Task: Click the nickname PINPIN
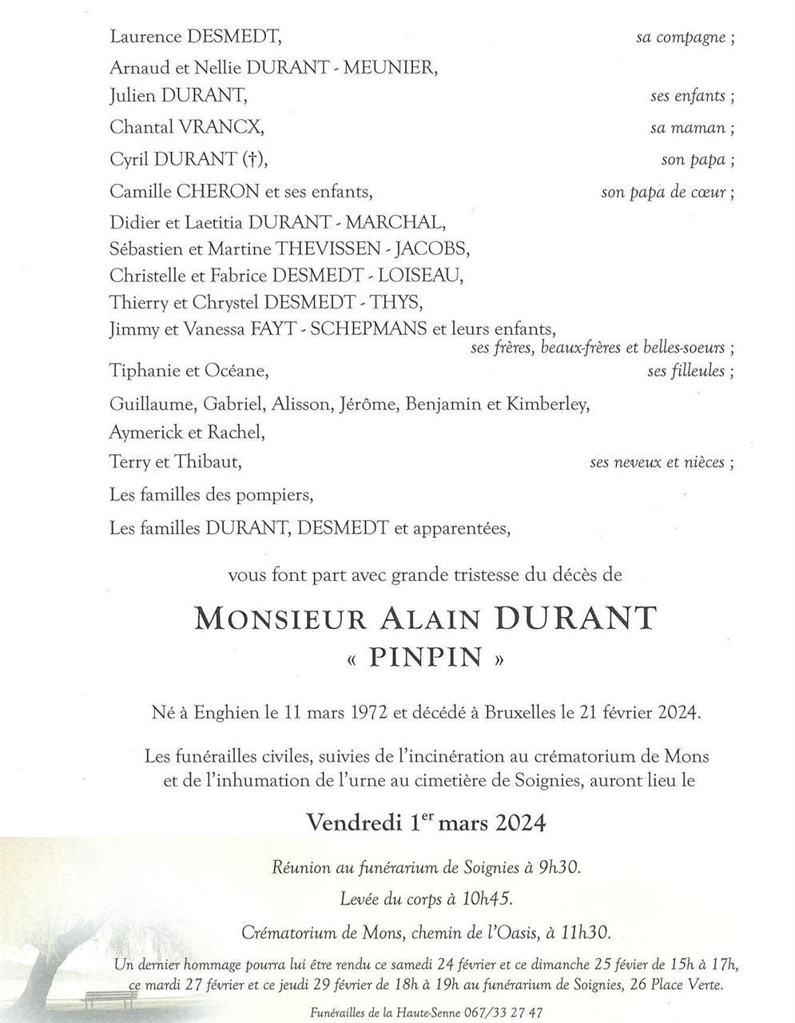[426, 658]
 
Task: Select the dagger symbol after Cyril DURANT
[252, 159]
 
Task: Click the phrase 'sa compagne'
[681, 37]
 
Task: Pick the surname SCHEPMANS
[364, 328]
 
